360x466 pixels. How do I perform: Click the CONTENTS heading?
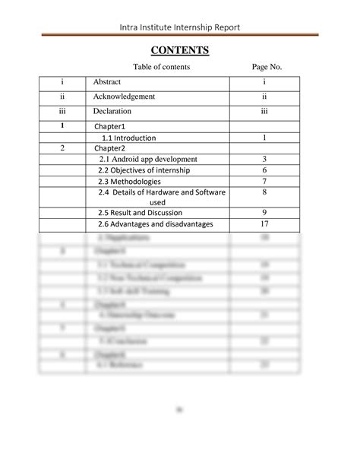click(x=179, y=51)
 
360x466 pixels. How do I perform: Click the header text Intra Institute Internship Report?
click(x=179, y=27)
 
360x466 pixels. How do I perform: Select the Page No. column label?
click(x=267, y=68)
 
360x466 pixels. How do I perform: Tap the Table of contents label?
click(x=161, y=68)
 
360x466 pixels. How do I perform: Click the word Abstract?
click(x=107, y=82)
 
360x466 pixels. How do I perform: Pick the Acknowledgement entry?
click(x=125, y=97)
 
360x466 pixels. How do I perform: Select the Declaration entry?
click(x=114, y=111)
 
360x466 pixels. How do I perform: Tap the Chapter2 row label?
click(x=109, y=148)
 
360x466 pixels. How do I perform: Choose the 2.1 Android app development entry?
click(x=147, y=159)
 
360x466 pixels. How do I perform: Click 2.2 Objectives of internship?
click(x=144, y=170)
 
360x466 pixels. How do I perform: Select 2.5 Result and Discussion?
click(x=140, y=213)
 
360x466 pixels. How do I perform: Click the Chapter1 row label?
click(x=109, y=126)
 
